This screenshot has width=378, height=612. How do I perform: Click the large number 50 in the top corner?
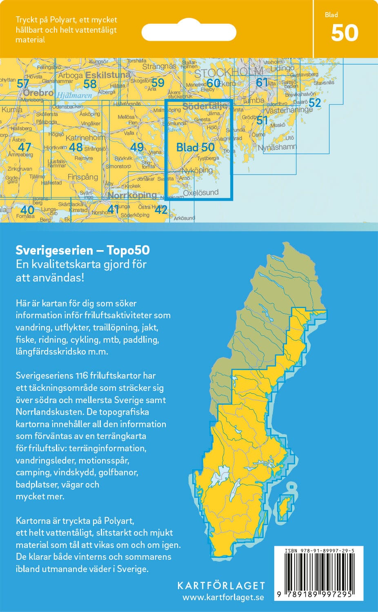[345, 33]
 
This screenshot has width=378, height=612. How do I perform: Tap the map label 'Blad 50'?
[195, 147]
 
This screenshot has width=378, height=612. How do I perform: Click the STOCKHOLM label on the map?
[228, 73]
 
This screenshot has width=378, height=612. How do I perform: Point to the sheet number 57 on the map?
[23, 84]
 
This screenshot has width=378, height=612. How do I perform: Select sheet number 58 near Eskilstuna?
[90, 84]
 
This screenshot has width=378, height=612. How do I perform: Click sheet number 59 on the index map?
[158, 83]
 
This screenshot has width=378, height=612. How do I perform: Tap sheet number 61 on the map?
[262, 82]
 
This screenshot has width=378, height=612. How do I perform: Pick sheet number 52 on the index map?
[314, 103]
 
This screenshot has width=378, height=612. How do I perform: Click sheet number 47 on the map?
[24, 147]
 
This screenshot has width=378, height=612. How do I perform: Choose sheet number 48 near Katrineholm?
[76, 147]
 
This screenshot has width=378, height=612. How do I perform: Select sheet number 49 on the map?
[137, 147]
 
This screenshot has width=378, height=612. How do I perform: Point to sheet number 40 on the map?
[27, 210]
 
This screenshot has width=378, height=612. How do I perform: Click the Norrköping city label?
[132, 195]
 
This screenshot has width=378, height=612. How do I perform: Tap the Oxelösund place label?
[201, 193]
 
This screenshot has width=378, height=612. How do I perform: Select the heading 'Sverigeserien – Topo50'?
[82, 250]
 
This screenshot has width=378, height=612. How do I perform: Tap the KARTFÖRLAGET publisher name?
[221, 586]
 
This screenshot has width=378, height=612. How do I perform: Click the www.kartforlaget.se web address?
[223, 597]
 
